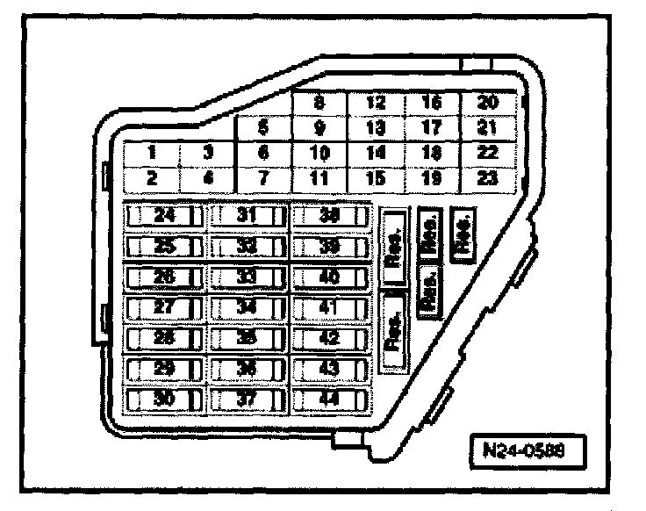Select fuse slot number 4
tap(208, 177)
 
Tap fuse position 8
tap(319, 103)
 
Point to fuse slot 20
tap(486, 103)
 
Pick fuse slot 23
tap(486, 177)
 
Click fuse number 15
tap(376, 177)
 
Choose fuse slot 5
tap(262, 128)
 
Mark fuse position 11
tap(319, 177)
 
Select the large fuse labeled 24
tap(164, 215)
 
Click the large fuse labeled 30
tap(164, 399)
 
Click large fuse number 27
tap(164, 307)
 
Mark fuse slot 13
tap(376, 128)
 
